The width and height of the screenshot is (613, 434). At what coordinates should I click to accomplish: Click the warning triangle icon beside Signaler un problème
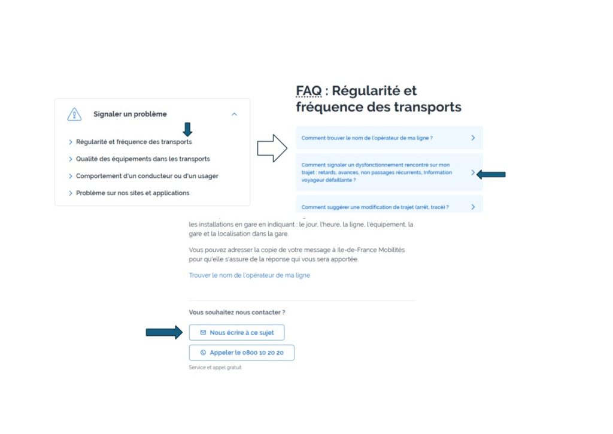(74, 114)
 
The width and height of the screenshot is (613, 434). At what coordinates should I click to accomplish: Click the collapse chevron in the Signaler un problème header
(234, 114)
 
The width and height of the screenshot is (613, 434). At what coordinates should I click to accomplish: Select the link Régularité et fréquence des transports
(133, 142)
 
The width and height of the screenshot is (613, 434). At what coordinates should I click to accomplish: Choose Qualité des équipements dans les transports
(142, 159)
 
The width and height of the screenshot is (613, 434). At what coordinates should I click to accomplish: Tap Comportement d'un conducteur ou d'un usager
(147, 176)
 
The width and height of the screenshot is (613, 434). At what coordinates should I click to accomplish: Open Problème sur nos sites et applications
(132, 193)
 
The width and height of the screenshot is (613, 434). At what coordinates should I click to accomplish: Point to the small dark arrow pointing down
(187, 129)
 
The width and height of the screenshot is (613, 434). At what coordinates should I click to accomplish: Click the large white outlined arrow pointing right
(272, 148)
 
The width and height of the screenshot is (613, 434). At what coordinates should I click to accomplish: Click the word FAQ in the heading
(308, 91)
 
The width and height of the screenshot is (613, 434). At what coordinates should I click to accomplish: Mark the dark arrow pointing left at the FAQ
(491, 174)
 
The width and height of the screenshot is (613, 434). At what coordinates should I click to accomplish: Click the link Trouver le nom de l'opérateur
(250, 275)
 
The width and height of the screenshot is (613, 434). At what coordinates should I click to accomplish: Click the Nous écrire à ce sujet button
(236, 332)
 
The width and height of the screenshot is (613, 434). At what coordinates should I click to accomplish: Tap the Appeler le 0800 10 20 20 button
(242, 352)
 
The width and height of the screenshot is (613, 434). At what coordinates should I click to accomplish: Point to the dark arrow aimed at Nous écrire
(164, 332)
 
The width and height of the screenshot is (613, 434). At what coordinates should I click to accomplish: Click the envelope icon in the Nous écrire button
(203, 332)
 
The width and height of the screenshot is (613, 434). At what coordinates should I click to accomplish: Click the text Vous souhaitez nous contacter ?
(237, 312)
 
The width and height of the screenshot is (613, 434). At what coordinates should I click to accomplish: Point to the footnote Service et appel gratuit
(215, 368)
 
